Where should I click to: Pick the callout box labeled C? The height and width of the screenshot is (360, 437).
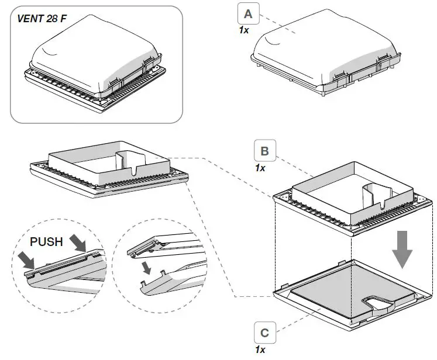265,333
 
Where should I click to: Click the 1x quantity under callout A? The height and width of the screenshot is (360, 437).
244,29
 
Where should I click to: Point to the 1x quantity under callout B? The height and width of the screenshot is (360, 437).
260,168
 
